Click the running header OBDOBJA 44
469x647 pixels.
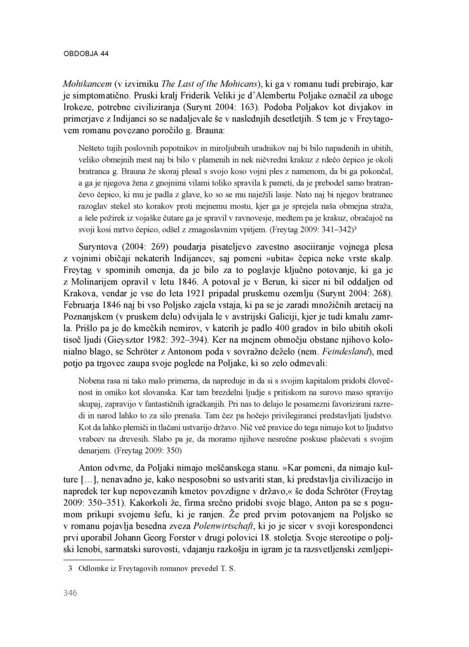click(x=86, y=54)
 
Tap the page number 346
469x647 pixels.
click(x=70, y=593)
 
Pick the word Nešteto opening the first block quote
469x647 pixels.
click(x=92, y=148)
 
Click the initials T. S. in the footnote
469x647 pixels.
click(x=227, y=569)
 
